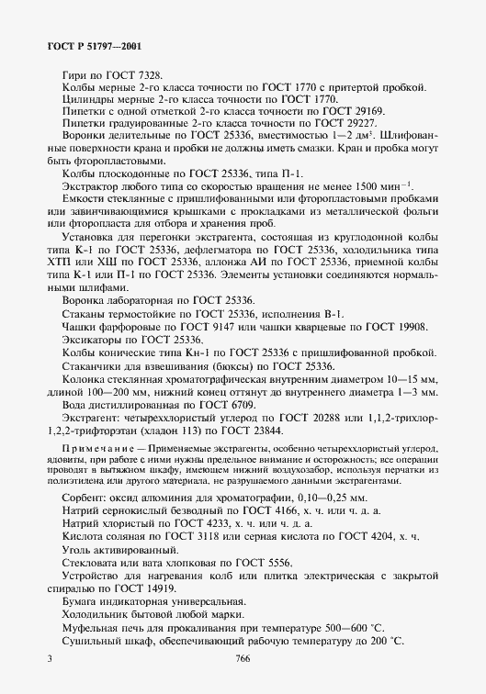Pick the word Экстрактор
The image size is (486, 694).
click(x=91, y=187)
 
